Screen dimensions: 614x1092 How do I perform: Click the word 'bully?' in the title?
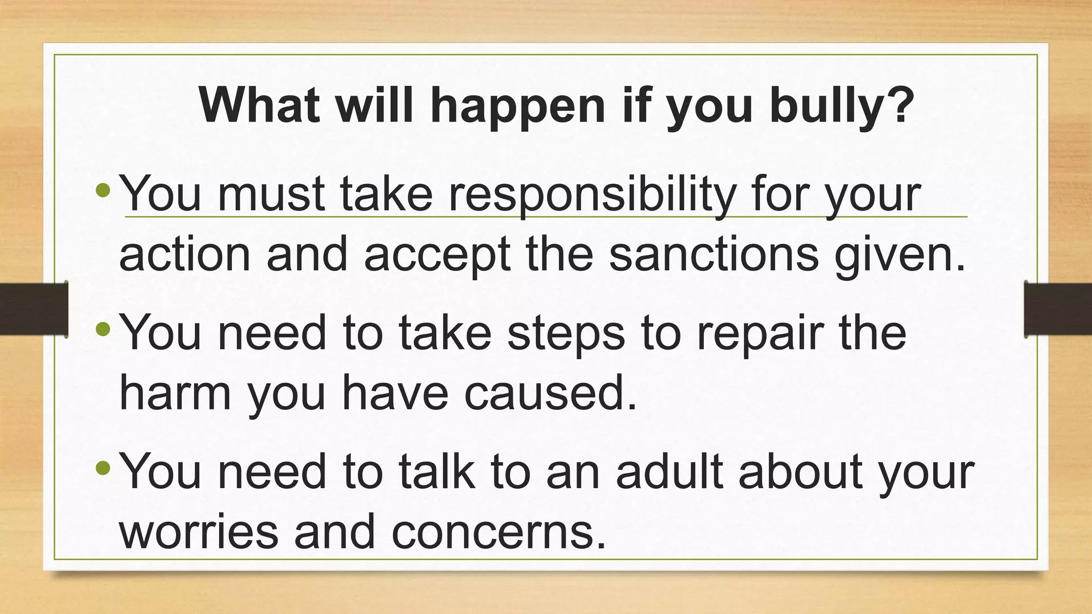click(x=842, y=106)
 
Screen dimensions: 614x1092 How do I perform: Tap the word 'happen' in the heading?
click(x=517, y=106)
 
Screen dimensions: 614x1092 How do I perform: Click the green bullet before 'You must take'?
click(x=103, y=189)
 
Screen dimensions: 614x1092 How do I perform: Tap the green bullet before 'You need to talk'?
click(x=103, y=468)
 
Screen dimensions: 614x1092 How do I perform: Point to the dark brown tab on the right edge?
click(x=1058, y=309)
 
